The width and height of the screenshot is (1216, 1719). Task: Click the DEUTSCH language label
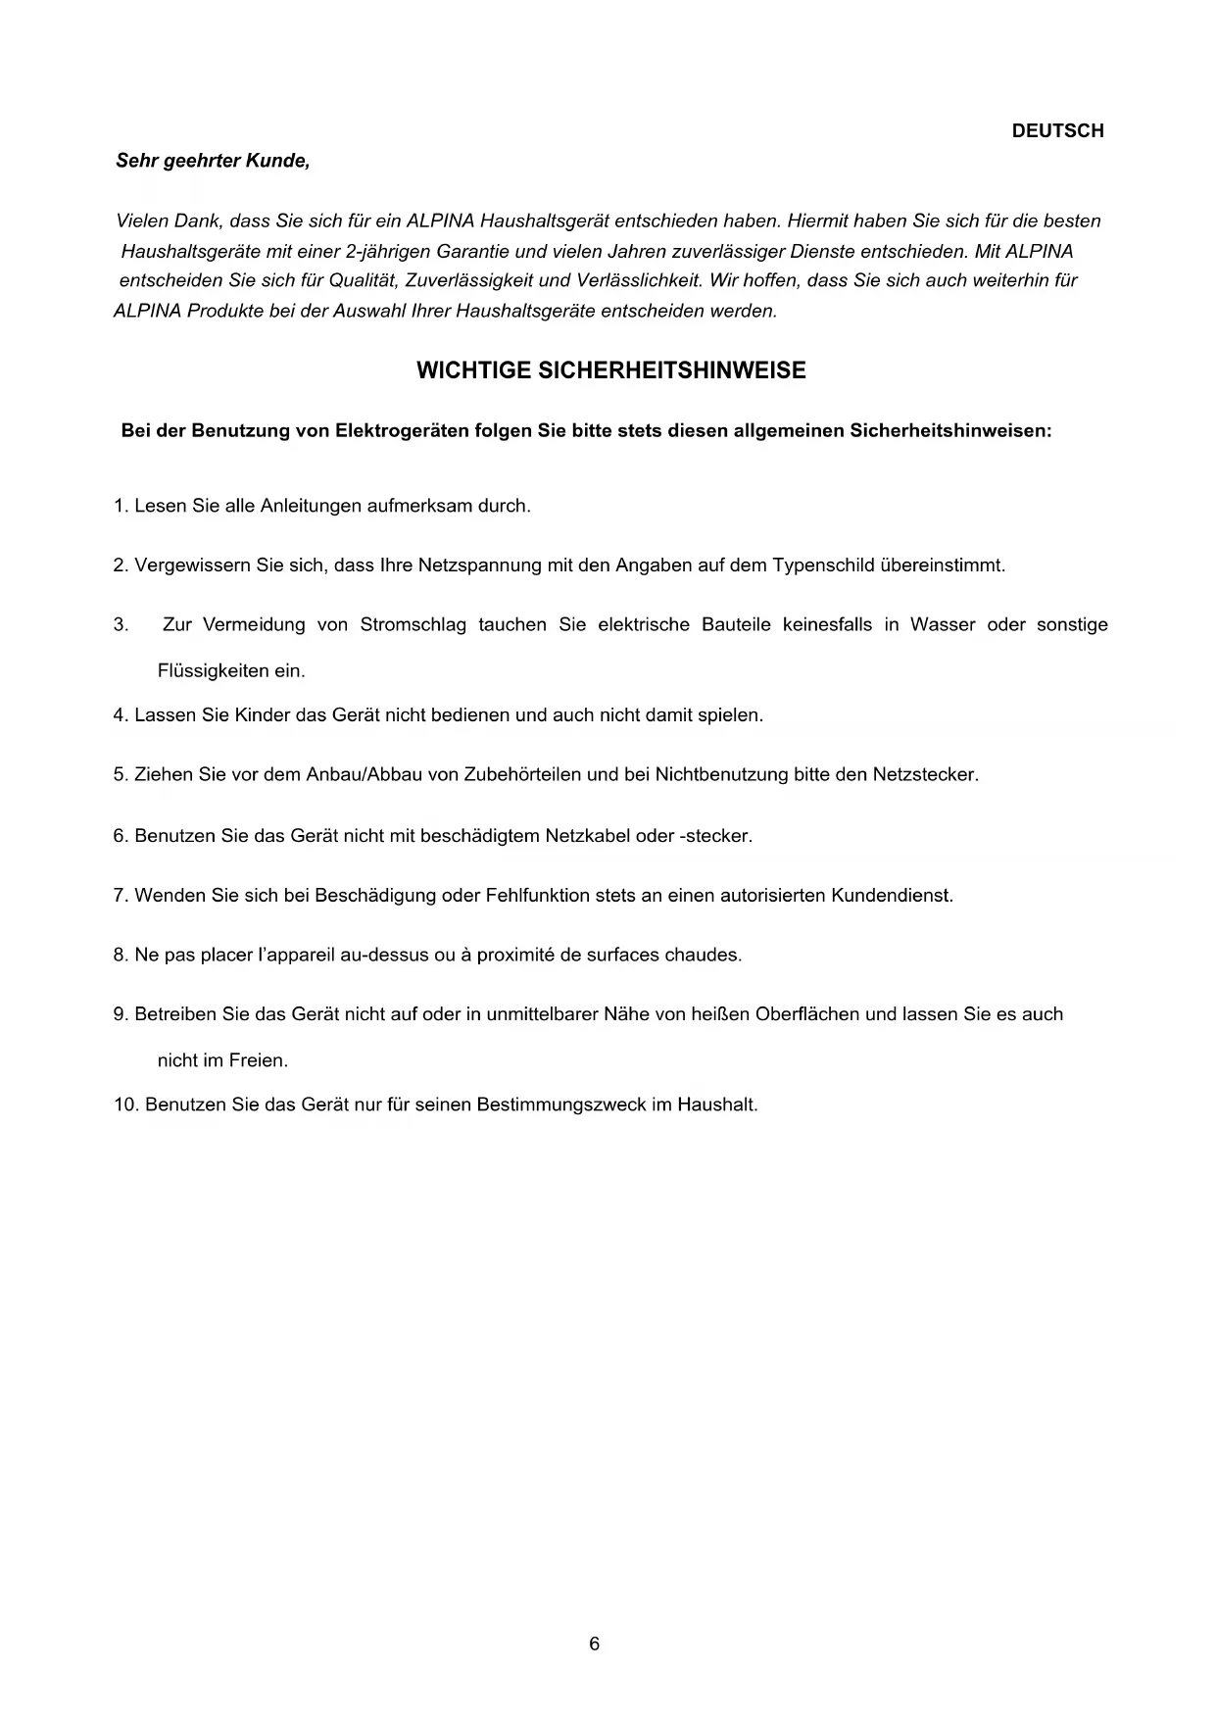point(1057,131)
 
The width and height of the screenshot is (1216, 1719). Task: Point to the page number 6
point(595,1644)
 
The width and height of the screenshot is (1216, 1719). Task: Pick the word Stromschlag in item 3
point(413,624)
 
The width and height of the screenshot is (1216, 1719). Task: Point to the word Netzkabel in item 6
point(588,836)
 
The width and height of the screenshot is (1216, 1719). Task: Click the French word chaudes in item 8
point(703,955)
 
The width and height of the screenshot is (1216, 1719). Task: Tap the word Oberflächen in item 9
point(806,1014)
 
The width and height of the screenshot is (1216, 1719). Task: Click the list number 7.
point(120,896)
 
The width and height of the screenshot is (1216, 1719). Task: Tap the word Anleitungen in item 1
point(311,507)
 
